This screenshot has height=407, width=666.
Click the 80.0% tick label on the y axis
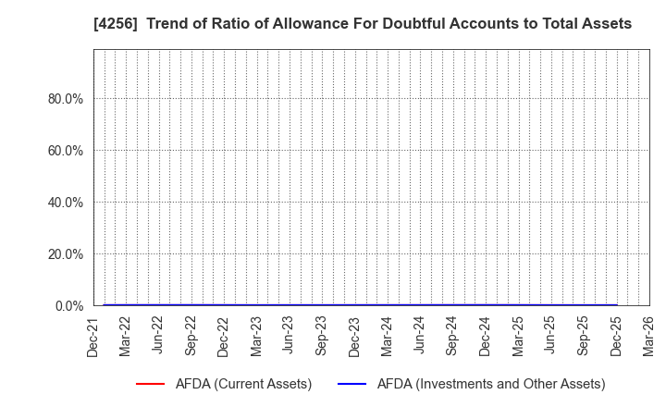click(x=66, y=99)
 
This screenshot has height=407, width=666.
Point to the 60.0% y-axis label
click(x=66, y=151)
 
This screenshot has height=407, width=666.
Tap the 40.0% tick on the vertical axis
click(x=66, y=203)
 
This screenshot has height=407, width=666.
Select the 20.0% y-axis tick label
click(x=66, y=254)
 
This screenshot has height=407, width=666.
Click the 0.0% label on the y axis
click(x=69, y=306)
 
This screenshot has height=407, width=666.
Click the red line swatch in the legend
click(x=150, y=384)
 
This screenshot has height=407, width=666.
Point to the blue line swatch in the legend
click(x=353, y=384)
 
